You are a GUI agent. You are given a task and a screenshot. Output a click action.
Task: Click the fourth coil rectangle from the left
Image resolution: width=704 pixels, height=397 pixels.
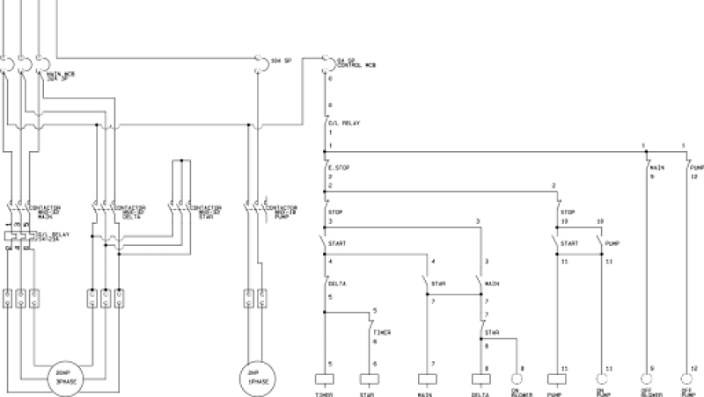pos(480,380)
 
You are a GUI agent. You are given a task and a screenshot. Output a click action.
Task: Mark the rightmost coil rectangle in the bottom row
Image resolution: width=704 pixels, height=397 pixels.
pos(556,380)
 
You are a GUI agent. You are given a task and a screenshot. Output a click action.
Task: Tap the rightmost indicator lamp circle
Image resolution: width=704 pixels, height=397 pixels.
pos(687,379)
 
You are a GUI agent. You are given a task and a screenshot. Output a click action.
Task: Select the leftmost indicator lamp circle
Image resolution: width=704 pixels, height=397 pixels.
pos(517,379)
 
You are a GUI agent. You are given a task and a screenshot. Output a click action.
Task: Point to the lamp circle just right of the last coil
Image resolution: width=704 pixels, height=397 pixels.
pos(601,379)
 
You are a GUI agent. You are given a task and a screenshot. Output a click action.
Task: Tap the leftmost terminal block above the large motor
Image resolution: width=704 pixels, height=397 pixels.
pos(7,298)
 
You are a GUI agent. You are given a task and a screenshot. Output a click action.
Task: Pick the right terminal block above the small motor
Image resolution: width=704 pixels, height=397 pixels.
pos(262,298)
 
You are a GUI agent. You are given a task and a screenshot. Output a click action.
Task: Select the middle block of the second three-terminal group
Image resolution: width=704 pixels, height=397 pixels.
pos(105,298)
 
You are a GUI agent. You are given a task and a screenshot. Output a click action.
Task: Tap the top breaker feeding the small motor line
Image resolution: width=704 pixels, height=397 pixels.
pos(258,61)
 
